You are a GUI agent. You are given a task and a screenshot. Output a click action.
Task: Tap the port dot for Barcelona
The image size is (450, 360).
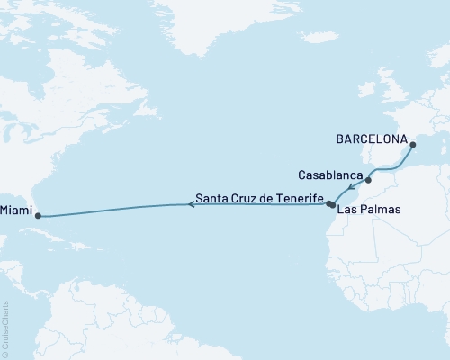tap(411, 145)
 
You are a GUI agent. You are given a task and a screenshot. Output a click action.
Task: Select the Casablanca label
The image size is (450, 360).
tap(330, 174)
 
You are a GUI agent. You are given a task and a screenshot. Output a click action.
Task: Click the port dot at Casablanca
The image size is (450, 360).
tap(368, 180)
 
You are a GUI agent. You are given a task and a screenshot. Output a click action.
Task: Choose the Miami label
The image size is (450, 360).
tap(15, 212)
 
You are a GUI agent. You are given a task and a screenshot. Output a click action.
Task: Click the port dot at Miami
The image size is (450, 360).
tap(37, 216)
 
